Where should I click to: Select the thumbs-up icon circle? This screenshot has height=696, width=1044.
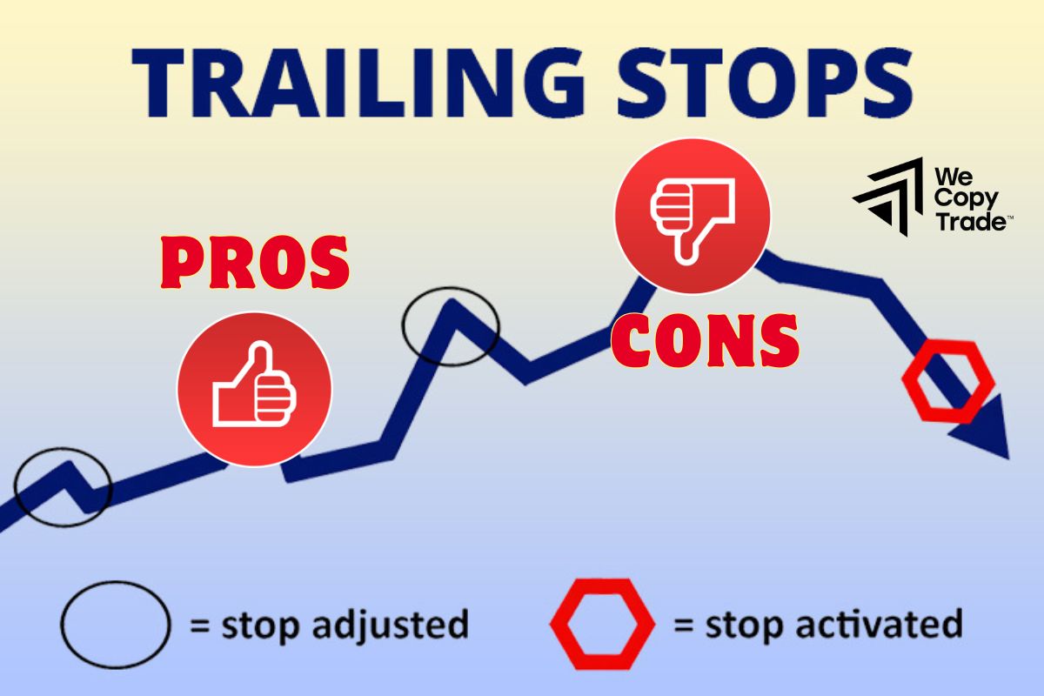point(254,389)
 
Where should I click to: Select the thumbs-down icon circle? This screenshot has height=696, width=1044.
point(693,215)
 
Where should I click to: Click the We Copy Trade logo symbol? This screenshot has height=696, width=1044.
point(888,197)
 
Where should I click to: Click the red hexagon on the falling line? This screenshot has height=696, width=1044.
point(947,381)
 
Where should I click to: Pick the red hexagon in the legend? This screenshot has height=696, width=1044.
point(601,623)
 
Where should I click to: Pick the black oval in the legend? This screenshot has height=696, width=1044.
point(115,623)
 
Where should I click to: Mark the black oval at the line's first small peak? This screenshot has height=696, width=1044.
point(63,486)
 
